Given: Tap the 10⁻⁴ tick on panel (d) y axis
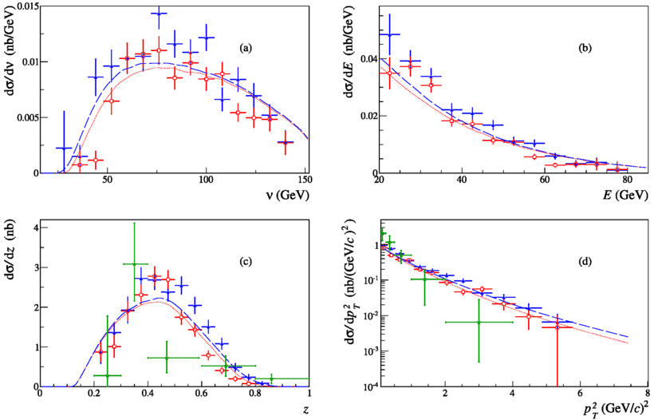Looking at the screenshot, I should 364,386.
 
